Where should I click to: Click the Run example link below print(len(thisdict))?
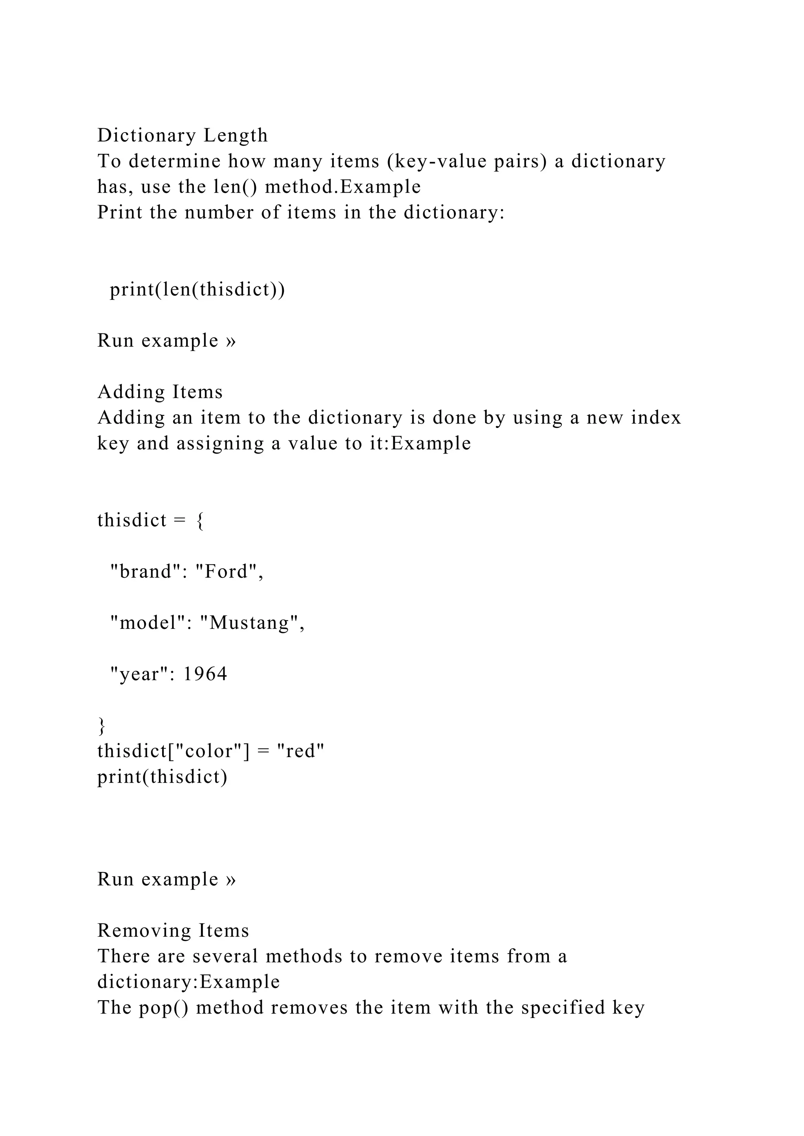166,340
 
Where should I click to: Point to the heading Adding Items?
160,392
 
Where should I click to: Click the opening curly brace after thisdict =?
199,521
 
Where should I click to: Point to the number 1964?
205,674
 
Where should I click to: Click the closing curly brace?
102,725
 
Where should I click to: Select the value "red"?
300,751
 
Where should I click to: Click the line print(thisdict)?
162,777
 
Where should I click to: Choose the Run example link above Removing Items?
166,879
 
